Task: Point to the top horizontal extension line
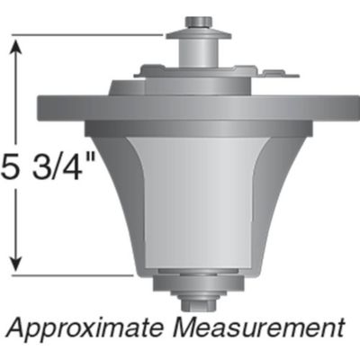coord(90,35)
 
